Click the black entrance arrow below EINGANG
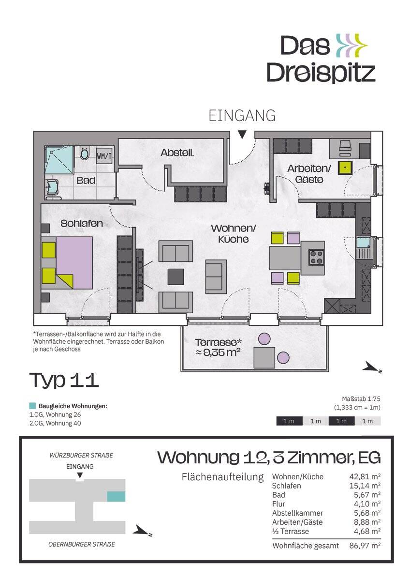tap(242, 135)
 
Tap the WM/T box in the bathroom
tap(104, 156)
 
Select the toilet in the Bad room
tap(84, 153)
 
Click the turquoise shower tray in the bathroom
tap(59, 160)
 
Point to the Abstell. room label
tap(177, 153)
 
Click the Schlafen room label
tap(82, 223)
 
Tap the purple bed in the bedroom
tap(74, 262)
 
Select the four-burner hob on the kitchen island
tap(317, 257)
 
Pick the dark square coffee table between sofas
tap(176, 277)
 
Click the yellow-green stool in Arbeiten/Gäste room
tap(345, 168)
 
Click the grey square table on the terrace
tap(264, 358)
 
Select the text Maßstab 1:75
tap(361, 398)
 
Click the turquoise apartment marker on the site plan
tap(117, 496)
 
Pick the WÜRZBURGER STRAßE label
tap(81, 455)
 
